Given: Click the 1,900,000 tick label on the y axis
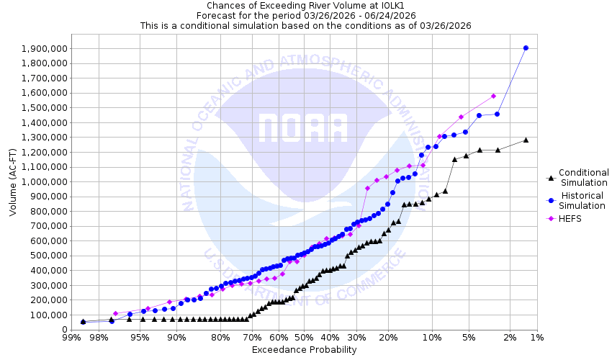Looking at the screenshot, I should pyautogui.click(x=45, y=48).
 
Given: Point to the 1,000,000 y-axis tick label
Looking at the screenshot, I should pyautogui.click(x=45, y=181).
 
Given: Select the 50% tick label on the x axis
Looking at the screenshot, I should pyautogui.click(x=304, y=337).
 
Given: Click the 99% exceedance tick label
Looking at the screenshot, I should pyautogui.click(x=71, y=337).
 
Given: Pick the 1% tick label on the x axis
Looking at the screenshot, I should pyautogui.click(x=536, y=337).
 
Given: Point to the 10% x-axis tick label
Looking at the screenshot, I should pyautogui.click(x=431, y=337).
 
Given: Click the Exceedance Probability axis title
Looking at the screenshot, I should pyautogui.click(x=304, y=350).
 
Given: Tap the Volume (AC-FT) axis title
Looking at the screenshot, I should pyautogui.click(x=13, y=184).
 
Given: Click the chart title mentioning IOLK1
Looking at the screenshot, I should pyautogui.click(x=305, y=5).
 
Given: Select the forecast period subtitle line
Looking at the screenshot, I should pyautogui.click(x=305, y=15).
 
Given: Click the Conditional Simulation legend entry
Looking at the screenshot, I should pyautogui.click(x=583, y=177).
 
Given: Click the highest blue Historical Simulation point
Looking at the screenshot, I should pyautogui.click(x=526, y=48).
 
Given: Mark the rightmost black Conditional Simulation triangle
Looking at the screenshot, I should pyautogui.click(x=526, y=140).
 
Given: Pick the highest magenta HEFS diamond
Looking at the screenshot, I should pyautogui.click(x=493, y=96).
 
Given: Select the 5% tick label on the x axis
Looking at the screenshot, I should pyautogui.click(x=469, y=337).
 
